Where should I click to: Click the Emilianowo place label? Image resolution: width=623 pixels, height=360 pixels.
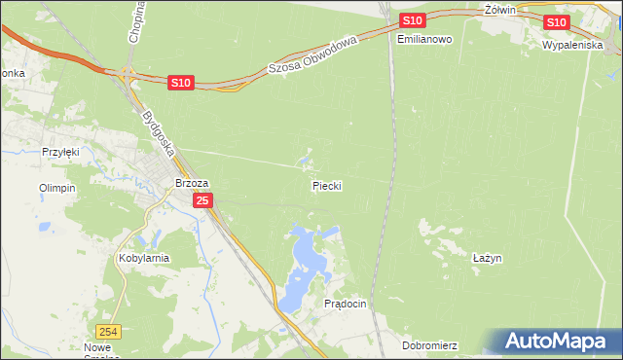click(425, 39)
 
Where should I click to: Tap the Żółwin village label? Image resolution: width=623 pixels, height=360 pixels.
click(497, 9)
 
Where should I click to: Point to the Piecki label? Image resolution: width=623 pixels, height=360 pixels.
click(327, 185)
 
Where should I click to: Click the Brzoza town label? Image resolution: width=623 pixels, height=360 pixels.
click(192, 182)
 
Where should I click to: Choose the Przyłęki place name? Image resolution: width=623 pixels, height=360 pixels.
click(59, 152)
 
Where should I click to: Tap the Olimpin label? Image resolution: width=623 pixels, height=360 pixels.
click(56, 188)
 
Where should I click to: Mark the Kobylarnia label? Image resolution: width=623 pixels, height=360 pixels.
click(144, 259)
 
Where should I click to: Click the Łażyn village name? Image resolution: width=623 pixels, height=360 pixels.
click(486, 258)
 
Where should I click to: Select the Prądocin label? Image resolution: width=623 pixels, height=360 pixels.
click(345, 304)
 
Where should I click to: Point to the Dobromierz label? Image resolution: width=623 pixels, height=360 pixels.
click(429, 345)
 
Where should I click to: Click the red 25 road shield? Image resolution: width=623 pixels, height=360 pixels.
click(202, 200)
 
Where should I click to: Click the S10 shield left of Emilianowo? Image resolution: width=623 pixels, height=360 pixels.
click(412, 20)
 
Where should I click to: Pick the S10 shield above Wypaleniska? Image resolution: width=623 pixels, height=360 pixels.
click(556, 22)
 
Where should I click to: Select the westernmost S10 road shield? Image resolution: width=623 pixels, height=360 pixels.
click(180, 84)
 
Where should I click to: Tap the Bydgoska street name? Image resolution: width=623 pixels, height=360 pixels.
click(156, 133)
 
